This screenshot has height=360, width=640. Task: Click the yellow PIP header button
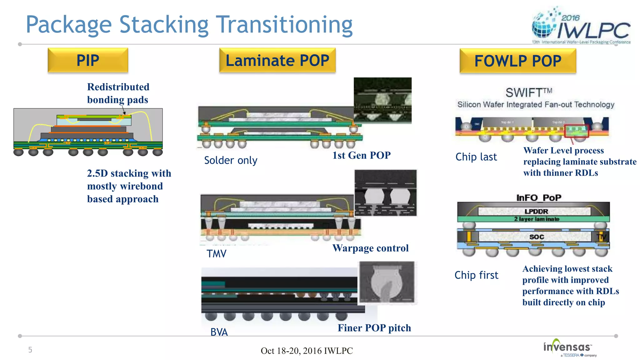tap(88, 60)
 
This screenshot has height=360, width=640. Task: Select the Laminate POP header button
tap(277, 60)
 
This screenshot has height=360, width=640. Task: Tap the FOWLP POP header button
tap(517, 61)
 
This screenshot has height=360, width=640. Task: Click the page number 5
tap(30, 350)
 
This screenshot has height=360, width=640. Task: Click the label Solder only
tap(231, 160)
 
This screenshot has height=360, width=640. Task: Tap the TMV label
tap(216, 253)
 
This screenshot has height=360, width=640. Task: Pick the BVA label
tap(219, 332)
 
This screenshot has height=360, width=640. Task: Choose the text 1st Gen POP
tap(361, 155)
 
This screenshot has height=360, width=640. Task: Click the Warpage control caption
tap(370, 248)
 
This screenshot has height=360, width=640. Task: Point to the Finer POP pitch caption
tap(374, 328)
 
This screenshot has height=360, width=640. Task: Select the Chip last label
tap(476, 157)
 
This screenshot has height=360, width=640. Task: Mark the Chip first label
tap(476, 275)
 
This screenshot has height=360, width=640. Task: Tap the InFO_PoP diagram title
tap(538, 197)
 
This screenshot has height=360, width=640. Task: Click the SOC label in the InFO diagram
tap(537, 237)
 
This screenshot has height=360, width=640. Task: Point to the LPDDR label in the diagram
tap(536, 211)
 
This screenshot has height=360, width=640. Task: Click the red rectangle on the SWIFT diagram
tap(577, 131)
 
